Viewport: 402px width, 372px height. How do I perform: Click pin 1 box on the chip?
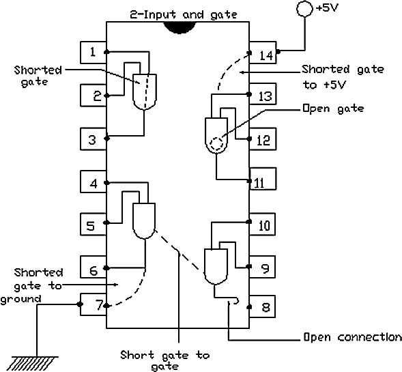pos(94,53)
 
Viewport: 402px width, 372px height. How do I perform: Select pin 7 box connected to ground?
pos(94,304)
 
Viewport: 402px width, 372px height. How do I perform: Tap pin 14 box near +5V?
pos(263,53)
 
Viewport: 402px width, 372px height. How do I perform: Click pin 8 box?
pos(262,306)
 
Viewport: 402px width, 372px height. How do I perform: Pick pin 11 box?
pos(263,179)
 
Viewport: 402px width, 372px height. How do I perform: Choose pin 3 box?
pos(94,139)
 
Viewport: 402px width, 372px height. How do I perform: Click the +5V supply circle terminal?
pos(304,9)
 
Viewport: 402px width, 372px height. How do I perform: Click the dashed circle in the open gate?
pos(217,143)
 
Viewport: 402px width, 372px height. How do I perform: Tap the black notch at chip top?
pos(180,27)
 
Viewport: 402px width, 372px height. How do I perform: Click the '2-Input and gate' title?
pos(184,14)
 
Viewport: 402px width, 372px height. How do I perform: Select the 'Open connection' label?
pos(353,337)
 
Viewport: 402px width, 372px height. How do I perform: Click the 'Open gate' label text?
pos(333,109)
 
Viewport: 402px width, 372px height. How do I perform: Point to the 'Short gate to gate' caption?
pos(165,360)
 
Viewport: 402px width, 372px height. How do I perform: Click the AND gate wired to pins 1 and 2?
pos(145,92)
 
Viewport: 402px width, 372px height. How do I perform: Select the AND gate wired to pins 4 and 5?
pos(144,221)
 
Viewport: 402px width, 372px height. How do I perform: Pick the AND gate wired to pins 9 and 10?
pos(216,266)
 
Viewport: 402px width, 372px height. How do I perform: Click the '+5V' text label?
pos(328,8)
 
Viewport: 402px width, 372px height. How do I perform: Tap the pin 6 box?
pos(94,267)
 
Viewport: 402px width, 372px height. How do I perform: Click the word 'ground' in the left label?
pos(20,300)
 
